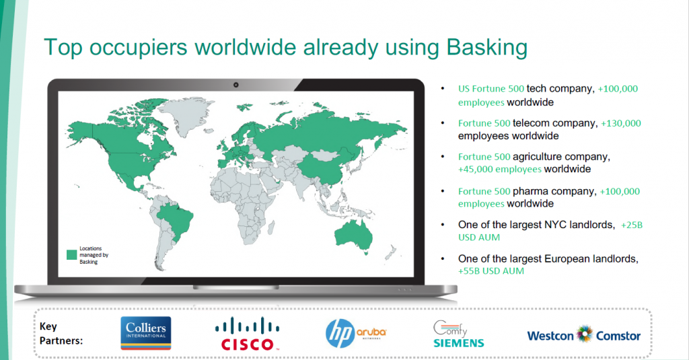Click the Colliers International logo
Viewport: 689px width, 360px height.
[146, 333]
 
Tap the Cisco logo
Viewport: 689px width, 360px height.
[247, 334]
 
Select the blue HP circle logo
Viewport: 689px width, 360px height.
[340, 334]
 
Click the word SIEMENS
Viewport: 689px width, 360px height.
[459, 343]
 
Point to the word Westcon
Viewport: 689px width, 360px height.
[550, 336]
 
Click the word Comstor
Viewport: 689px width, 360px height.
[618, 336]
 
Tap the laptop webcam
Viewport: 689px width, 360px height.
[236, 85]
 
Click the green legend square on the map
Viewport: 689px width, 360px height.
[71, 255]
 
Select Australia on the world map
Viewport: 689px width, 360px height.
[354, 235]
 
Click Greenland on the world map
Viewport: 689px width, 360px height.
[184, 115]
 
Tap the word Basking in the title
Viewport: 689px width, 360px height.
[487, 48]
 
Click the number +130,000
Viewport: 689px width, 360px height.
[621, 124]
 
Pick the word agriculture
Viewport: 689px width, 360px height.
[537, 157]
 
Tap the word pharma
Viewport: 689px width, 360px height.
[530, 192]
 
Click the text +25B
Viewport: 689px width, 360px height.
[631, 225]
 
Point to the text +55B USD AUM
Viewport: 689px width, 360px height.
[491, 271]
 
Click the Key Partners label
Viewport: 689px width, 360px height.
[61, 334]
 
